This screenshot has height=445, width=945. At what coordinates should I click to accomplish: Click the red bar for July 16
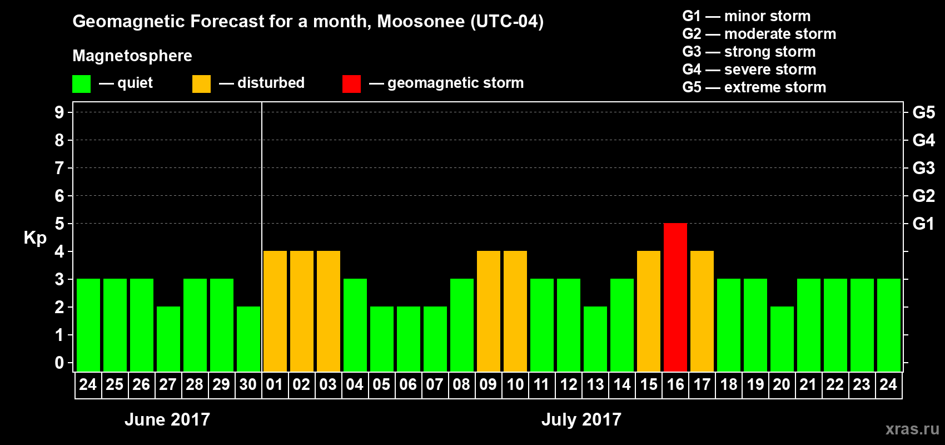pos(675,297)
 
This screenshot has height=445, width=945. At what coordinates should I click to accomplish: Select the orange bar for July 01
pos(275,311)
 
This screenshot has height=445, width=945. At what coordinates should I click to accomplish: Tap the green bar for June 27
pos(168,339)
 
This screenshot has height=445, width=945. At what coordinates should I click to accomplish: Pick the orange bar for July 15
pos(649,311)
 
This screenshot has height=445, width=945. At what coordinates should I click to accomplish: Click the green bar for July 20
pos(782,339)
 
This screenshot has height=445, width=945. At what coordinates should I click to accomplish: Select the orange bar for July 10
pos(515,311)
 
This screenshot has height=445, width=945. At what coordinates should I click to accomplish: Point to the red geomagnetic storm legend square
pos(351,84)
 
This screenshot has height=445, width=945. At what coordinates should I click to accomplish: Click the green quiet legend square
pos(82,84)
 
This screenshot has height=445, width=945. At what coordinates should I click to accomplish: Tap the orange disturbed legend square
pos(201,84)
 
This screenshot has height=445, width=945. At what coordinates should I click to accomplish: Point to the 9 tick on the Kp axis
pos(59,112)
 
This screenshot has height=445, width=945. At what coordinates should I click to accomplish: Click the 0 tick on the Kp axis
pos(59,363)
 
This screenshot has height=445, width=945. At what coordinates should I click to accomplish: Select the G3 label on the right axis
pos(923,168)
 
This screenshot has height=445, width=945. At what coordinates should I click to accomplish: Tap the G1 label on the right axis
pos(923,224)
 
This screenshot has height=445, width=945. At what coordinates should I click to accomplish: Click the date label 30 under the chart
pos(248,384)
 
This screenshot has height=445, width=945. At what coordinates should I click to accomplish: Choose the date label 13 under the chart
pos(595,384)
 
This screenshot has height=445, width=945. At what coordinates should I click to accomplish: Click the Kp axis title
pos(35,238)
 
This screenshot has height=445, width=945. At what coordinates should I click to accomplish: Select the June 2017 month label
pos(167,419)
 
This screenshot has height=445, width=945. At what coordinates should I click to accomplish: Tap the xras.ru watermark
pos(912,429)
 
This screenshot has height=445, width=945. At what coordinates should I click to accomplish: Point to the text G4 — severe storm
pos(749,70)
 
